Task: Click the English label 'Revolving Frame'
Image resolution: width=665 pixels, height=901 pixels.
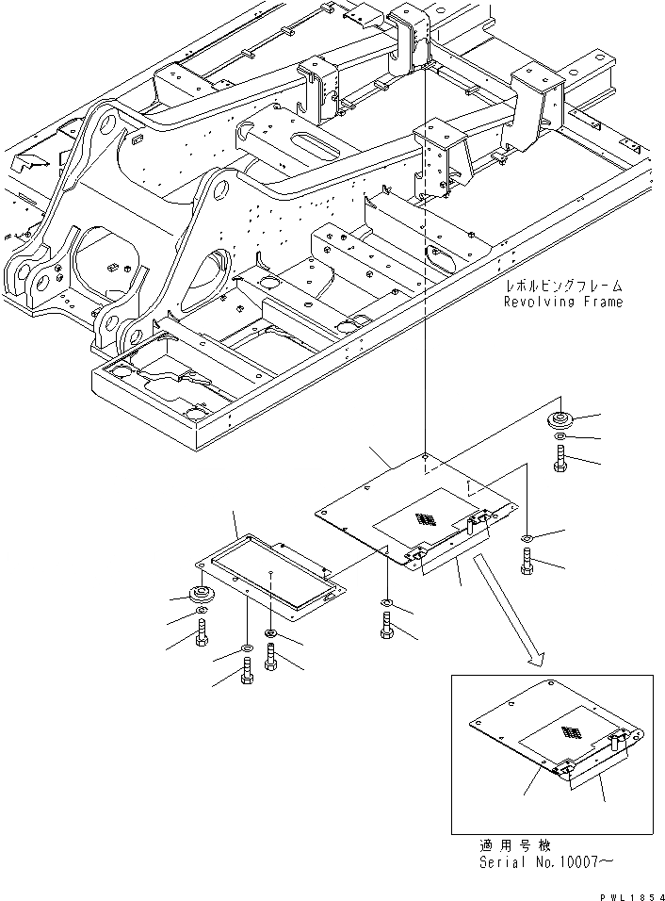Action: (562, 302)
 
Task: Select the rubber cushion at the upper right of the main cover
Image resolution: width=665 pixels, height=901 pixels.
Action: (561, 419)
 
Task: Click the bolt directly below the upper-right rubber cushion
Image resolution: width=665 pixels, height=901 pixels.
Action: (561, 463)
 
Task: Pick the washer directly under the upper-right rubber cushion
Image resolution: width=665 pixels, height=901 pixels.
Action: (561, 439)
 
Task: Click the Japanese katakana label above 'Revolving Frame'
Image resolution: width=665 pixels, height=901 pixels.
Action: (563, 285)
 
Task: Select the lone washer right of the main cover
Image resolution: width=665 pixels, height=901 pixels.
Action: (526, 539)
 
